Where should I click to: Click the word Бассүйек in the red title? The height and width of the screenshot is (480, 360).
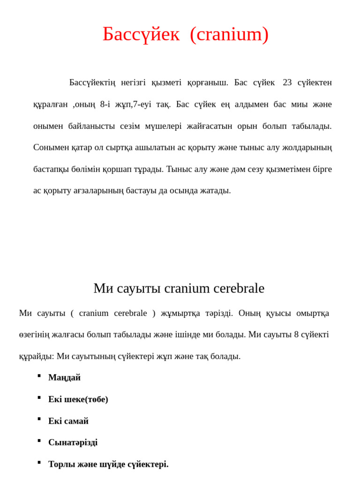(x=141, y=34)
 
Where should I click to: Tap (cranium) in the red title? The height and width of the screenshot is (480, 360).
(x=229, y=34)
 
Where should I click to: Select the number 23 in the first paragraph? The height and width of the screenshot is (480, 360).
(x=287, y=82)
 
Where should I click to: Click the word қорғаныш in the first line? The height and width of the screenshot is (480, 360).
(x=208, y=82)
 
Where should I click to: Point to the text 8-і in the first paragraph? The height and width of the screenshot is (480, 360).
(x=105, y=104)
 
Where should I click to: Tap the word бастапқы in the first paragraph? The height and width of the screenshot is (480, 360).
(x=51, y=169)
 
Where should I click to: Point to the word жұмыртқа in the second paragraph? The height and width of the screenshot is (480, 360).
(x=180, y=313)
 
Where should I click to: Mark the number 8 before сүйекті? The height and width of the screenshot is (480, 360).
(x=296, y=335)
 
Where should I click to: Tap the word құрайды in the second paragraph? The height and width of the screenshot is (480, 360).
(x=36, y=356)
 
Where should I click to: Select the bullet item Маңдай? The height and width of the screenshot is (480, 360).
(x=64, y=378)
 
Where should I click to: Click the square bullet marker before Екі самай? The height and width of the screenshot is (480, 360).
(x=39, y=419)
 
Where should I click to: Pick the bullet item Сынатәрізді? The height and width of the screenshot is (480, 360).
(x=73, y=442)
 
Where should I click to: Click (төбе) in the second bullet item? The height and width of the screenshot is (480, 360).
(x=97, y=399)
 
